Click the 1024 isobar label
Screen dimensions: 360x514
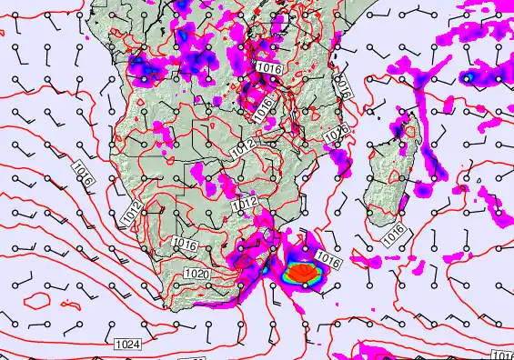[x=128, y=345]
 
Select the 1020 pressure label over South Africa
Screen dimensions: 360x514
[x=195, y=274]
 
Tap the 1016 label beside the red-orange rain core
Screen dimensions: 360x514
[x=328, y=261]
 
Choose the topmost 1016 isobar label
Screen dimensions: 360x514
[x=267, y=67]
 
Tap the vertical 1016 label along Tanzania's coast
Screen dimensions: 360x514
[x=343, y=85]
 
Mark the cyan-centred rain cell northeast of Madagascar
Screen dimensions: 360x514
[x=468, y=77]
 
